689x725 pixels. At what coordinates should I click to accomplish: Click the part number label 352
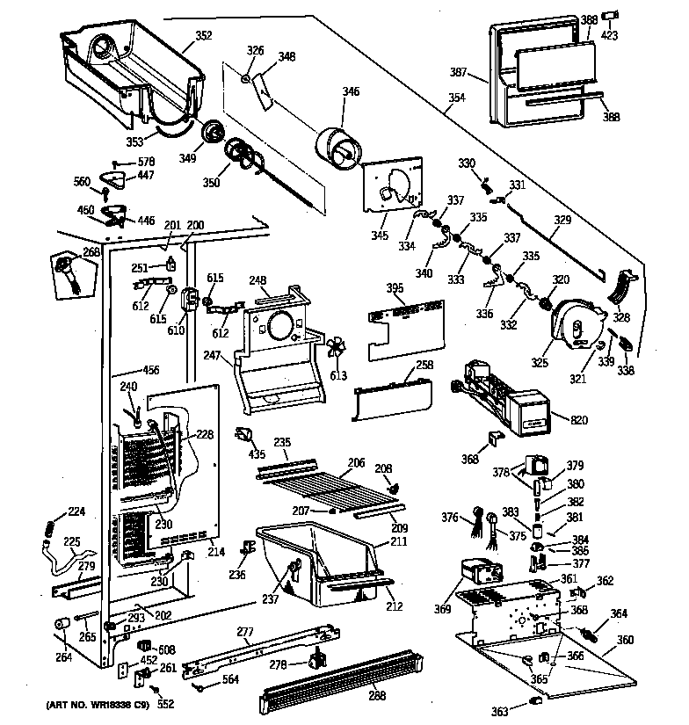(203, 36)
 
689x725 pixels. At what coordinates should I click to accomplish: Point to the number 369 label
(442, 609)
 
